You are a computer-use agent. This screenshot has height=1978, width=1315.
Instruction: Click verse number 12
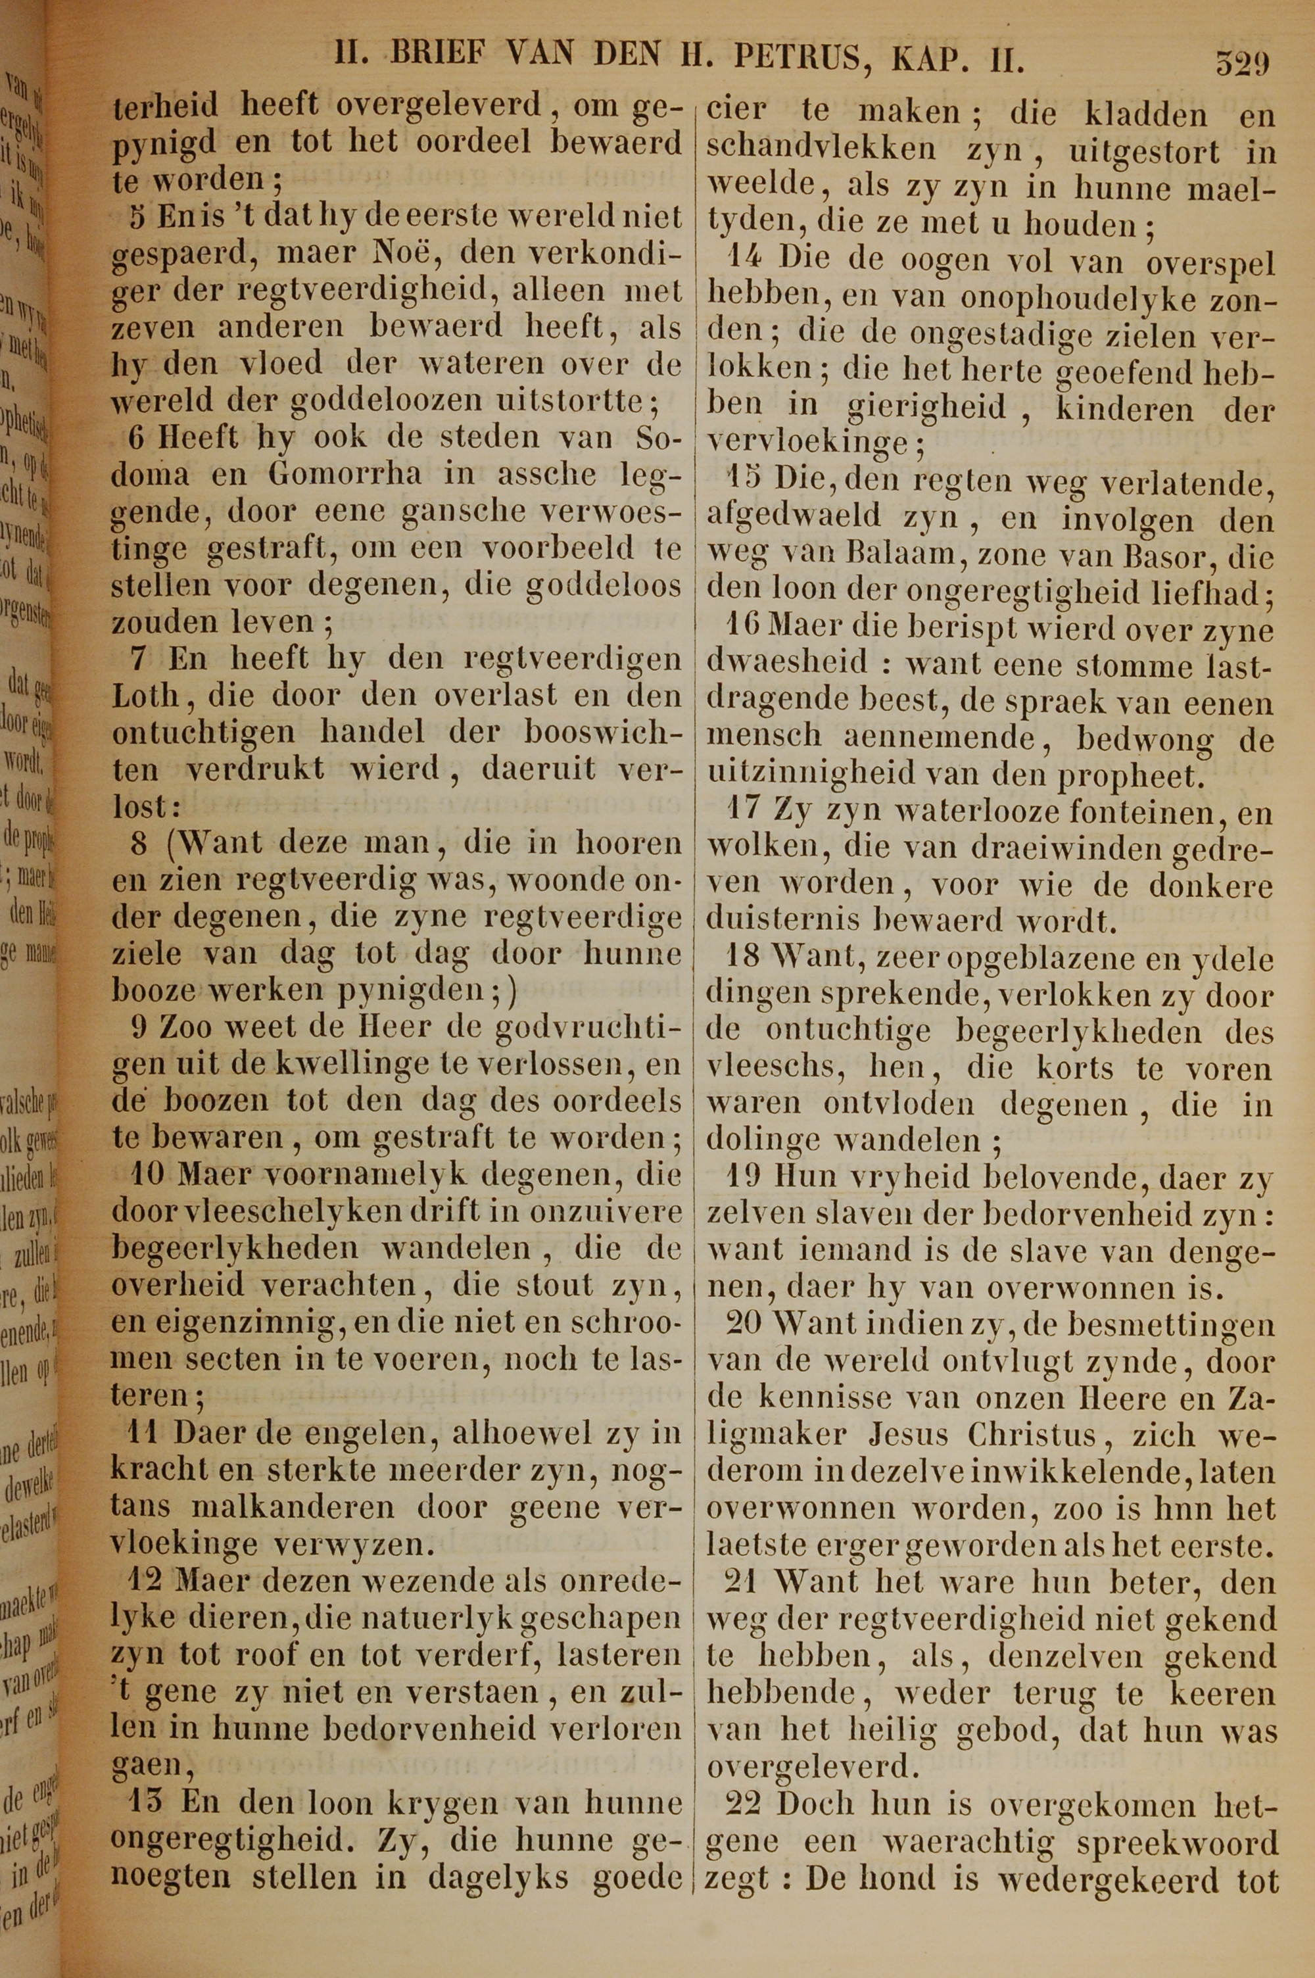tap(149, 1581)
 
